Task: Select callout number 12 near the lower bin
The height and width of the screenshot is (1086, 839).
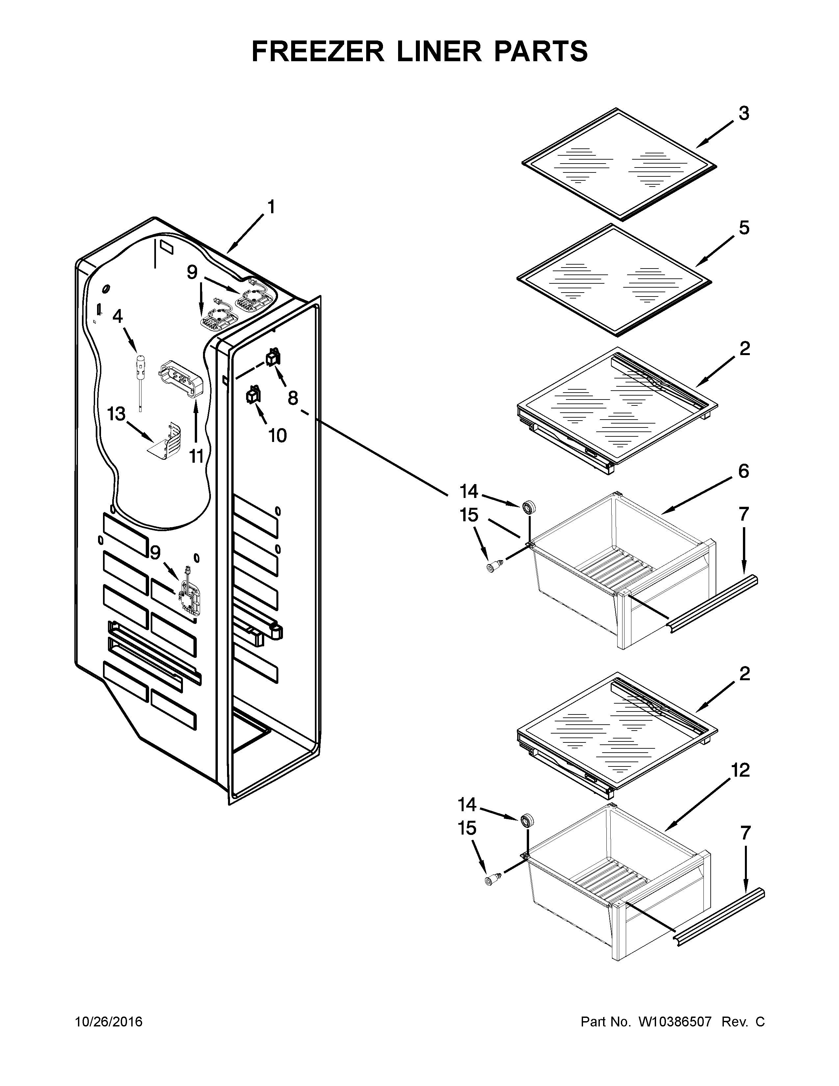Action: coord(740,770)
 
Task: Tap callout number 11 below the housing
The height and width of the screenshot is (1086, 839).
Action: coord(196,455)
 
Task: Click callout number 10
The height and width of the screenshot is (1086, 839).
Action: coord(277,436)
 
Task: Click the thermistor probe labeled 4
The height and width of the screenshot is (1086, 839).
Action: coord(141,378)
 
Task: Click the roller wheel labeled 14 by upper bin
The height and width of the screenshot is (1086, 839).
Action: coord(528,508)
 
